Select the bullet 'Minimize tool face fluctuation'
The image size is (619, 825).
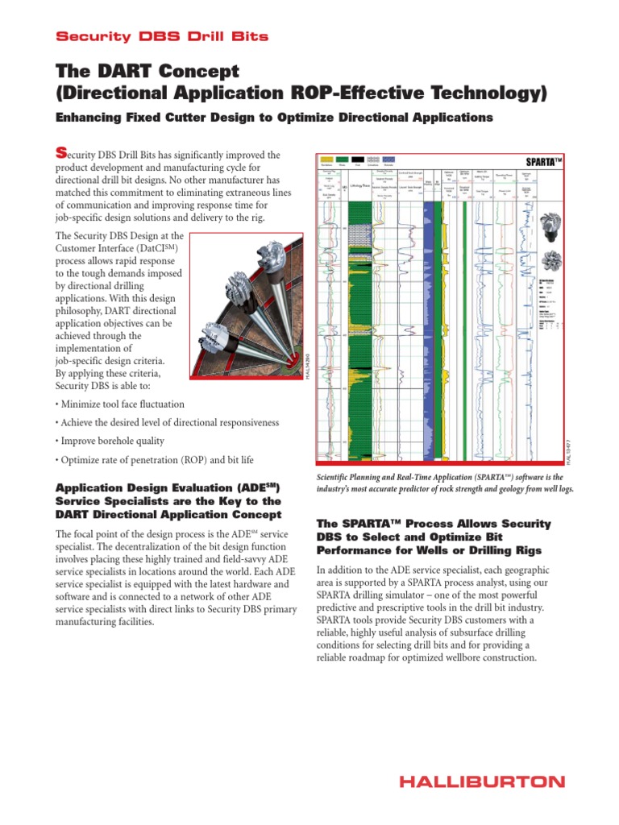point(122,404)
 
